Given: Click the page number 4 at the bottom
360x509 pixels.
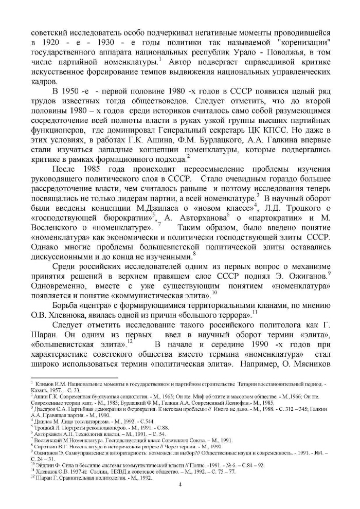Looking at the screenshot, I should pyautogui.click(x=180, y=484).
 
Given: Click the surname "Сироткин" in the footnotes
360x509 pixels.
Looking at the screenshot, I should pyautogui.click(x=46, y=446).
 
